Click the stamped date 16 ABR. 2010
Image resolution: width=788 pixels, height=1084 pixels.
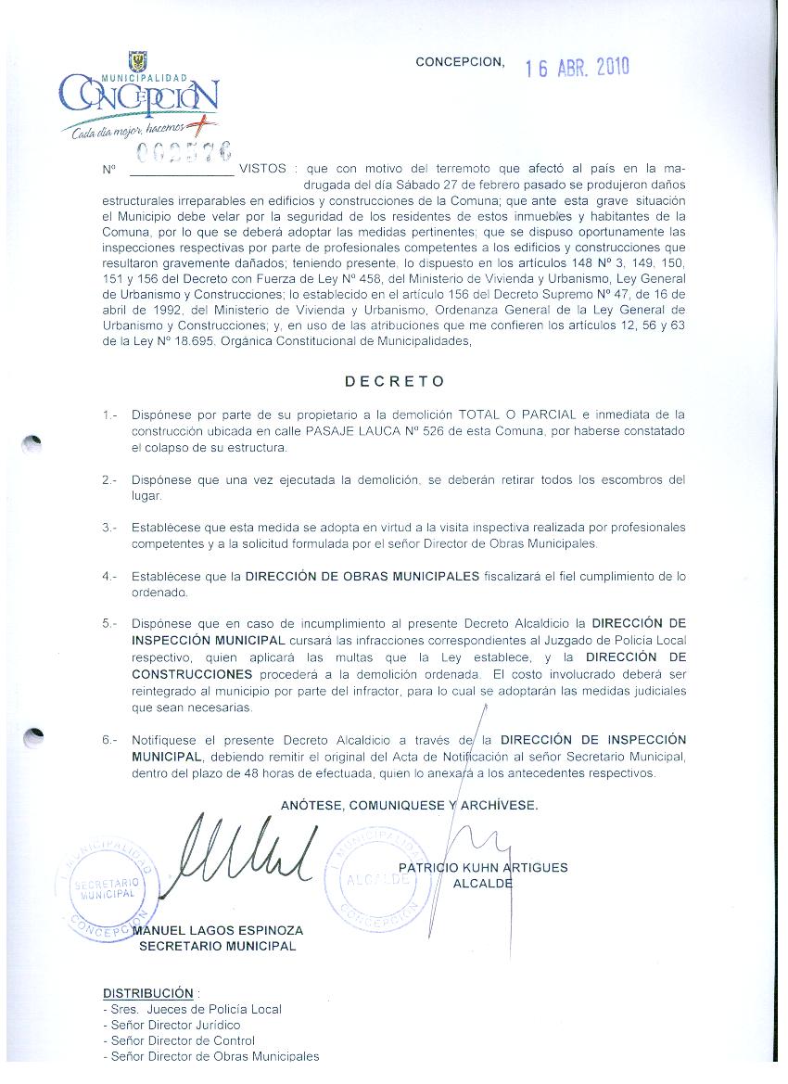[x=578, y=68]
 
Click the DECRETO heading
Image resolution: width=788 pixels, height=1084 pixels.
[x=395, y=381]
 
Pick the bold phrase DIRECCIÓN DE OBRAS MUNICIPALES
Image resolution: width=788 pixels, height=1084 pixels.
[x=362, y=577]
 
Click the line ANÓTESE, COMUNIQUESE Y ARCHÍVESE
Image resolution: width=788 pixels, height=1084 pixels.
[x=409, y=805]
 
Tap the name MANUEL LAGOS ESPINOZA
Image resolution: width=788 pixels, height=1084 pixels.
[x=219, y=930]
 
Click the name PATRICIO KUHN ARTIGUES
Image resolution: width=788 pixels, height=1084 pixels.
[x=483, y=868]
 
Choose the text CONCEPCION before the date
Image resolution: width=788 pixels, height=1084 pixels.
[x=460, y=62]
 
